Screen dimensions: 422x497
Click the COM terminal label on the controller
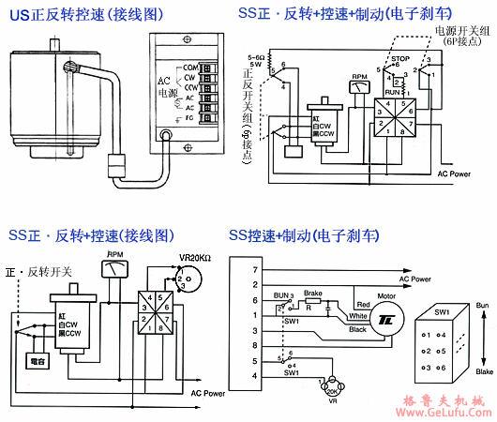(x=190, y=68)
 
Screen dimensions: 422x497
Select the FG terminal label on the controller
(x=190, y=119)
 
